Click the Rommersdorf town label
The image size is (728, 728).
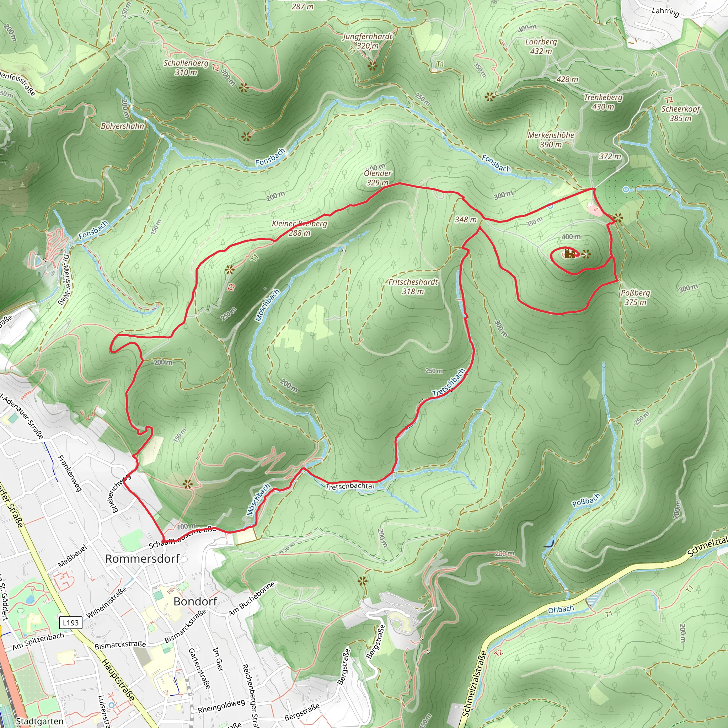point(142,558)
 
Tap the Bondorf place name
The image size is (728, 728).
point(195,601)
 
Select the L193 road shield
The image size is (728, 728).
point(70,623)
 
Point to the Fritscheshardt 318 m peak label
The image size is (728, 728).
point(413,287)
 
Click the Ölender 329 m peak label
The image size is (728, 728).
point(377,177)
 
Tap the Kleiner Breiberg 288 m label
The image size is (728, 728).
point(300,228)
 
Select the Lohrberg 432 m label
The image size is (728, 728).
point(541,46)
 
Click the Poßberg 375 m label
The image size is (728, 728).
point(635,297)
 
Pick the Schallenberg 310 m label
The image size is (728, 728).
point(186,68)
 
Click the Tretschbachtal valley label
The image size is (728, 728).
point(350,486)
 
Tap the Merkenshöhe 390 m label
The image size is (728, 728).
point(551,139)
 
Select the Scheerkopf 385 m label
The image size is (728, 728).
point(680,113)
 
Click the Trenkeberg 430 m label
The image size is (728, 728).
point(603,102)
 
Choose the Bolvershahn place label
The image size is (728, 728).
point(123,126)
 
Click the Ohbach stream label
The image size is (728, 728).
point(561,609)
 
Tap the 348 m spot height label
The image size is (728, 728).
point(466,219)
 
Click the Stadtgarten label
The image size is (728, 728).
point(39,721)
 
